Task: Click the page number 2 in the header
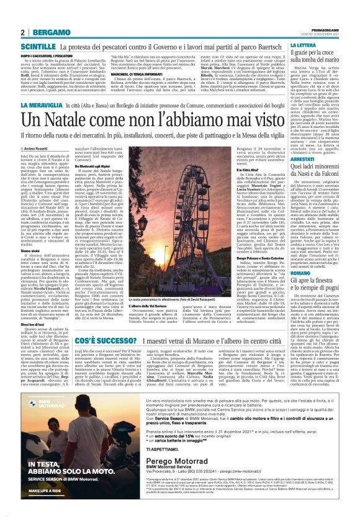coord(22,32)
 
